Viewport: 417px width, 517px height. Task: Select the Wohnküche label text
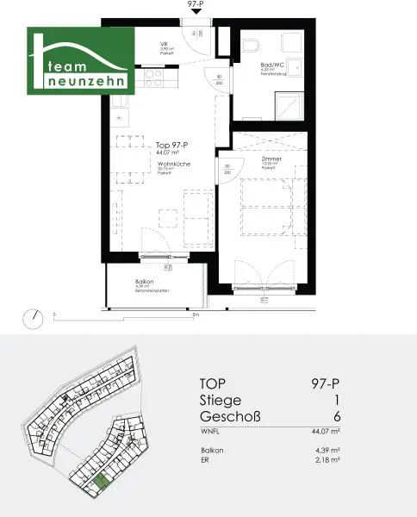click(x=173, y=163)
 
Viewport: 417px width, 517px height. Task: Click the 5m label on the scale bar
click(x=196, y=315)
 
